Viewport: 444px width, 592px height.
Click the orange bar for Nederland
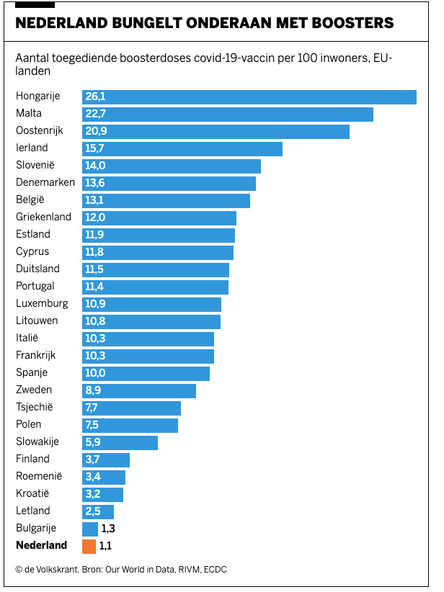[x=89, y=546]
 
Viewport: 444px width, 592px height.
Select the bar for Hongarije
[x=249, y=97]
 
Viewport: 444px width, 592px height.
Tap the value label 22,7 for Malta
[x=95, y=114]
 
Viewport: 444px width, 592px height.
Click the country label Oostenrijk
[x=40, y=131]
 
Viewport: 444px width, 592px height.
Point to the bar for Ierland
[x=182, y=148]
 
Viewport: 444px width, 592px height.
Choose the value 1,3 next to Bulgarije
[x=109, y=529]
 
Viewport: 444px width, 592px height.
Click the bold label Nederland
[x=42, y=546]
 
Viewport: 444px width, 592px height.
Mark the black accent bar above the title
[x=35, y=5]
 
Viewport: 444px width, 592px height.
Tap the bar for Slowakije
[x=120, y=442]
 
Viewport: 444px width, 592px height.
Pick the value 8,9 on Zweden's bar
[x=95, y=390]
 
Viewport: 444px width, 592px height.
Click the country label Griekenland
[x=43, y=217]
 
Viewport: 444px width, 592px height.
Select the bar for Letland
[x=98, y=511]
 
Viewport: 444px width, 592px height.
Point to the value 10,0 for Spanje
[x=95, y=373]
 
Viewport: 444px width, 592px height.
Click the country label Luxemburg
[x=42, y=304]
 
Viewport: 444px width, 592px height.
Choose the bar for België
[x=166, y=200]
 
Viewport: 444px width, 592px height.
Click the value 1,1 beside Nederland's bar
[x=106, y=546]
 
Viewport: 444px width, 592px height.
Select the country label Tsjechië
[x=37, y=408]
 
